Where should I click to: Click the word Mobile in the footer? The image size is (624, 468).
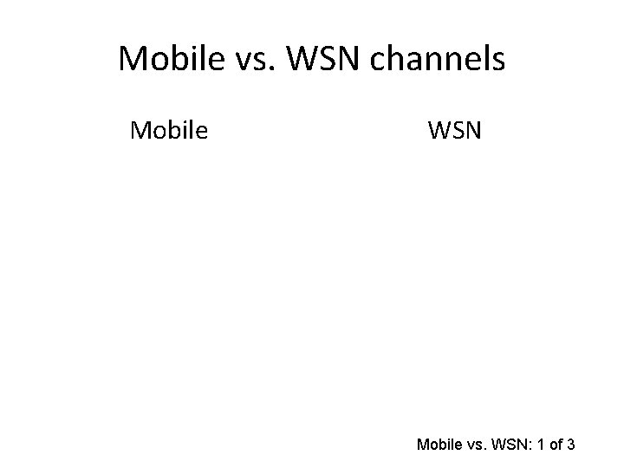pyautogui.click(x=439, y=445)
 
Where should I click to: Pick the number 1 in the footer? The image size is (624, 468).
pyautogui.click(x=543, y=445)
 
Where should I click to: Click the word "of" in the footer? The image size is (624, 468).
pyautogui.click(x=558, y=445)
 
